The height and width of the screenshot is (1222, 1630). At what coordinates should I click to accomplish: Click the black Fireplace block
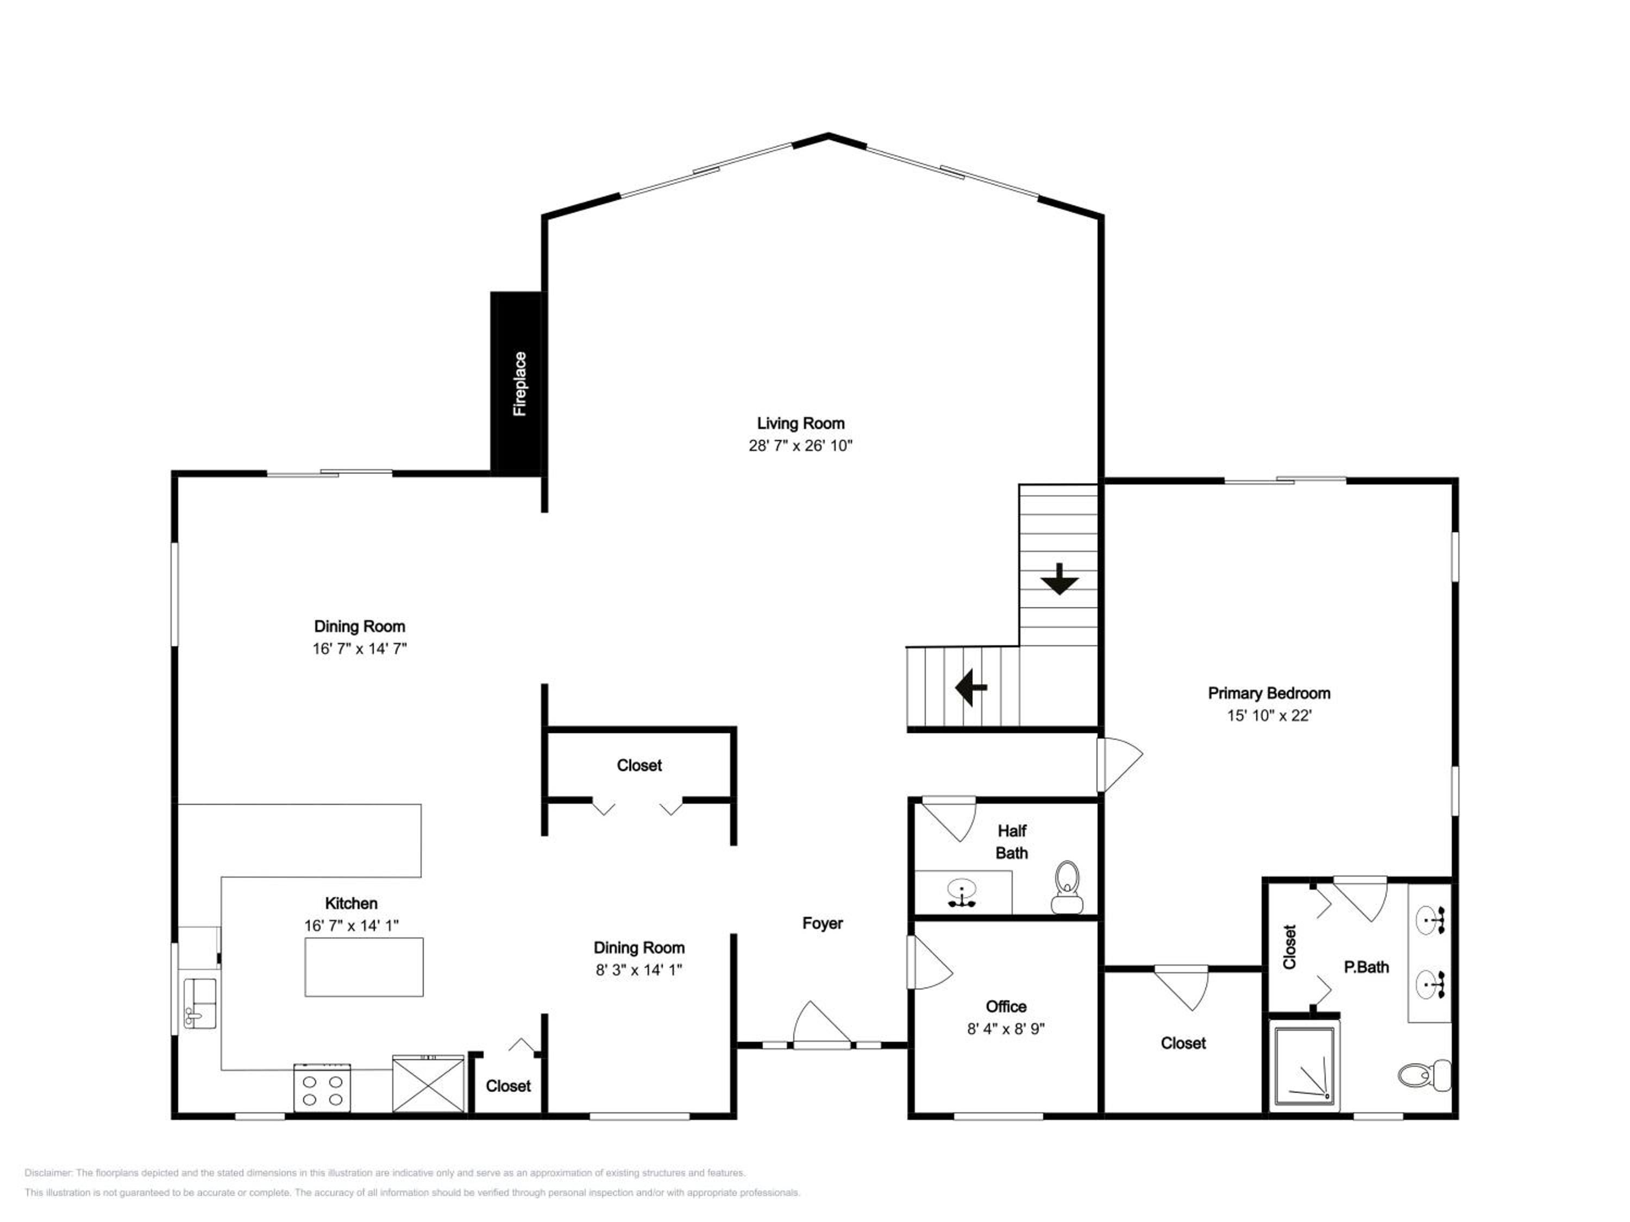(517, 383)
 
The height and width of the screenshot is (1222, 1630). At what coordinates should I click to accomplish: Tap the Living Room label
(800, 424)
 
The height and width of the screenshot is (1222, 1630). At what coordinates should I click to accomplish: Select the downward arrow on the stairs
(1059, 579)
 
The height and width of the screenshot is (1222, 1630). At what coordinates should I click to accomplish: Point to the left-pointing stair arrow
(971, 687)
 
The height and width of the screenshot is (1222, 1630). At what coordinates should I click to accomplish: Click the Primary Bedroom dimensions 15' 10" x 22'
(1269, 715)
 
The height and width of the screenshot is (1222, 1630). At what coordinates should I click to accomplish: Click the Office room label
(1006, 1006)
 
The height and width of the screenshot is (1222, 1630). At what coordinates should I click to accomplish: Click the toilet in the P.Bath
(1425, 1075)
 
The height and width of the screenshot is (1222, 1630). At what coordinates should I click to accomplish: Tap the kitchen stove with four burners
(322, 1088)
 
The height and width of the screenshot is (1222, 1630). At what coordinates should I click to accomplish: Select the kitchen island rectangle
(364, 967)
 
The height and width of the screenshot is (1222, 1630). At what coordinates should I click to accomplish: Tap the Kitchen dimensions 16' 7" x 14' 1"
(352, 926)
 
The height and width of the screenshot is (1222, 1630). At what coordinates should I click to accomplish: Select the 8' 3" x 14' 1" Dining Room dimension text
(639, 970)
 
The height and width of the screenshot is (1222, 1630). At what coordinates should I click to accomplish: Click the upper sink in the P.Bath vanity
(1430, 921)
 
